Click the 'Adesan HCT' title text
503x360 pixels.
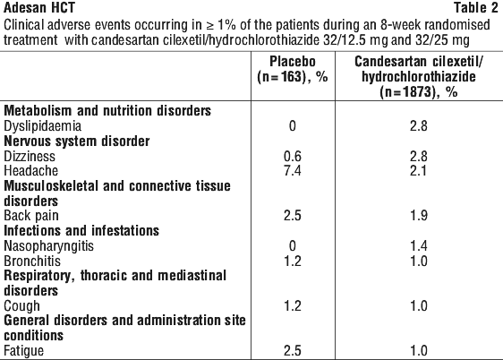(x=39, y=8)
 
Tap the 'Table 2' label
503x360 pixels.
(x=476, y=8)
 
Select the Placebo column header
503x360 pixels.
(x=293, y=69)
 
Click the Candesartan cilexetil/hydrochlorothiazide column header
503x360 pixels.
(x=419, y=77)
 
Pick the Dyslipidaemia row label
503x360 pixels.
(x=42, y=125)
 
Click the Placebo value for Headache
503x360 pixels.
(x=293, y=170)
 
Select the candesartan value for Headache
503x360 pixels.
(x=419, y=170)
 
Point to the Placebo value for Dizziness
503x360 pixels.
(x=293, y=156)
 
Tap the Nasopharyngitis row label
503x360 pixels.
(x=48, y=246)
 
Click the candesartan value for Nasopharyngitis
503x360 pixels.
(x=419, y=246)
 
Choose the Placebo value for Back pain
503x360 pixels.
(x=293, y=216)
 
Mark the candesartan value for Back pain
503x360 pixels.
(x=419, y=216)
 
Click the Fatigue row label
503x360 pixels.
(x=24, y=351)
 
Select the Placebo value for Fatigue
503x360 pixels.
(x=293, y=351)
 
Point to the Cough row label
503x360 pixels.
(x=21, y=306)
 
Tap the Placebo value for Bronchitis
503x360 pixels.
(x=293, y=261)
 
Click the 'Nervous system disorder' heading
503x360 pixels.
(x=77, y=141)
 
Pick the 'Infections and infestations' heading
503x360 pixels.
(x=81, y=231)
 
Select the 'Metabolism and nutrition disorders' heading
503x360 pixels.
(x=107, y=111)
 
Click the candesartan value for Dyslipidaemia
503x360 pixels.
(x=419, y=125)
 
